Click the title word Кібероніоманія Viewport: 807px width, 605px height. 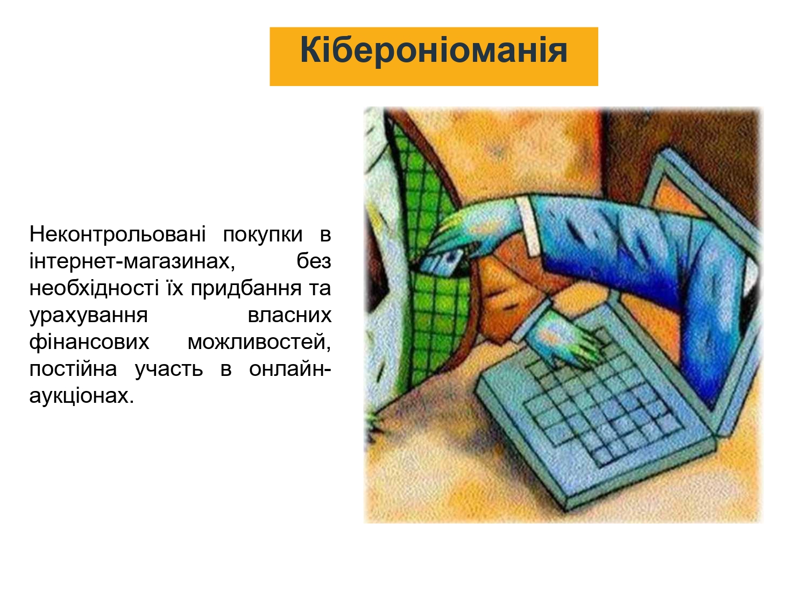point(434,51)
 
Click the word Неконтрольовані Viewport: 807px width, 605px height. point(118,234)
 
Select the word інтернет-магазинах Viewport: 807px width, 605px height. point(132,261)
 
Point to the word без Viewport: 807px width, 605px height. point(314,261)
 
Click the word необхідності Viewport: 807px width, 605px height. point(94,288)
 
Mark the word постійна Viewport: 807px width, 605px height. point(73,368)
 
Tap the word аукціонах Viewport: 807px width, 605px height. point(82,396)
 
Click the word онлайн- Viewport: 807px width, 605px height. point(291,368)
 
